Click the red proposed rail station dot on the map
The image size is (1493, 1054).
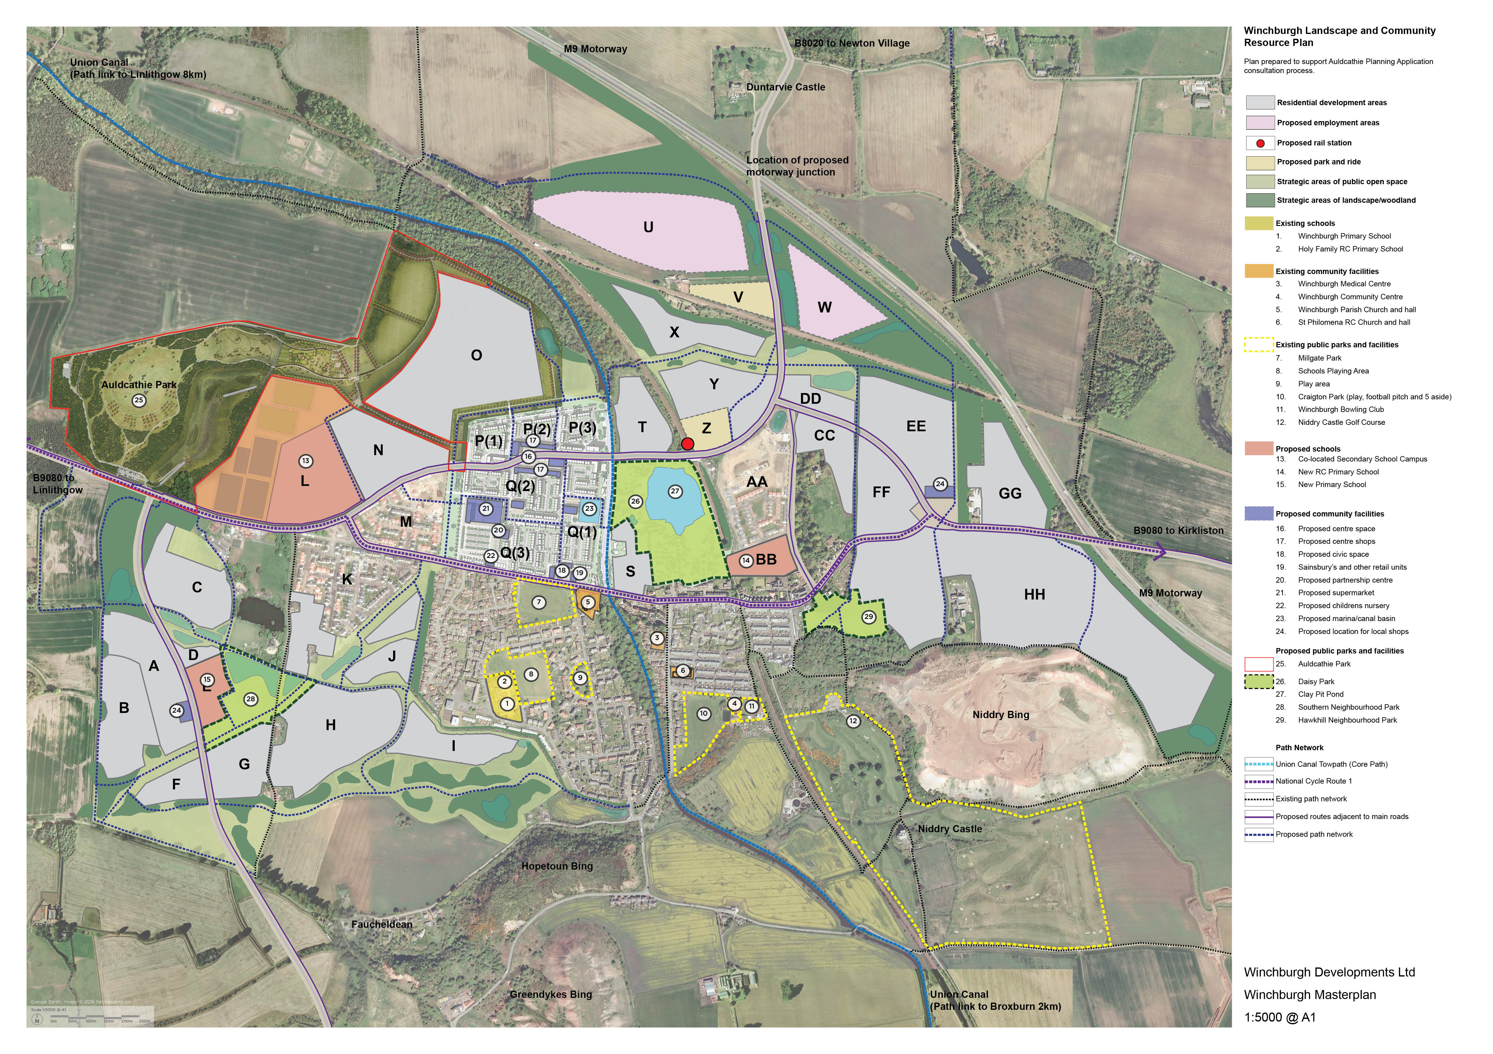tap(687, 444)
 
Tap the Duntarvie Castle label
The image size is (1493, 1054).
tap(785, 87)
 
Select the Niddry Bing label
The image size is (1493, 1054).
tap(1001, 715)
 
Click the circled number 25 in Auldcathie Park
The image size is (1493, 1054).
tap(139, 400)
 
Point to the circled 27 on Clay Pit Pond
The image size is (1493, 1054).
tap(675, 491)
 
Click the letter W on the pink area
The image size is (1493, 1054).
tap(825, 307)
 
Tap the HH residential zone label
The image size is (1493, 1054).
tap(1035, 595)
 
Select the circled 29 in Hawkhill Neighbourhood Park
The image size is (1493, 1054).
tap(869, 617)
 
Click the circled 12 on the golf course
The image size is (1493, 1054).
tap(853, 721)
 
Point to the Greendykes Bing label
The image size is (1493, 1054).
tap(551, 994)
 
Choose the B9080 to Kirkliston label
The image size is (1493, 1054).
tap(1178, 530)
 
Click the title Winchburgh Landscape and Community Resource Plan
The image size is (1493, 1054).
tap(1339, 36)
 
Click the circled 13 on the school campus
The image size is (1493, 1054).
tap(306, 461)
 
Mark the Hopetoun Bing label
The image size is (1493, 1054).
tap(557, 866)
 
